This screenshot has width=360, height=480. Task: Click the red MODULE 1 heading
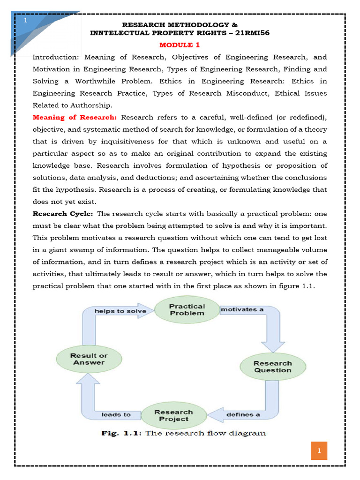coord(176,45)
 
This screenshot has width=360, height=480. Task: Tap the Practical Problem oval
coord(187,309)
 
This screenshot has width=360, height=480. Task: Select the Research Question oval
coord(272,367)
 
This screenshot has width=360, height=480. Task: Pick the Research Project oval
coord(173,415)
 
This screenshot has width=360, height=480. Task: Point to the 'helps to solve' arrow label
coord(120,311)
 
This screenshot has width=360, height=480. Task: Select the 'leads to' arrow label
coord(116,415)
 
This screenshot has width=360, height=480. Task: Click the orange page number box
coord(319,451)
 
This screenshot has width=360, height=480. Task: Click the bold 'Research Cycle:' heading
coord(63,214)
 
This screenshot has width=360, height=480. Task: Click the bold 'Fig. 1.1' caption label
coord(121,433)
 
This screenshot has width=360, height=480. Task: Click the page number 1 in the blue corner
coord(25,21)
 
